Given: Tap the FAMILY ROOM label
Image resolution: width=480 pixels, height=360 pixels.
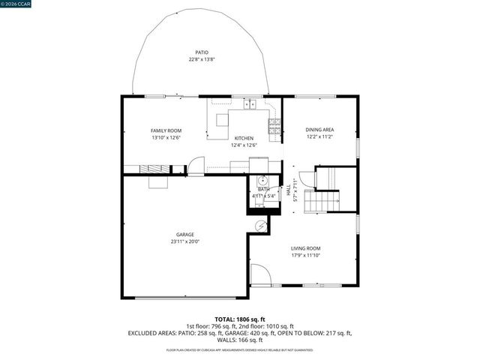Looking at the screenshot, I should coord(166,130).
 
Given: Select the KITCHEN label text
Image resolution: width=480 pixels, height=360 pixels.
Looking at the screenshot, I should coord(244,138).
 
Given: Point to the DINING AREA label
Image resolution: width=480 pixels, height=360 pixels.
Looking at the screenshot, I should coord(319,130).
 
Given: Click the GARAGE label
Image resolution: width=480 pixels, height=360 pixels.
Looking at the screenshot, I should coord(185,235).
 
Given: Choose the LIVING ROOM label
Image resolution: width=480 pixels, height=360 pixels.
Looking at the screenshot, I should coord(305,248).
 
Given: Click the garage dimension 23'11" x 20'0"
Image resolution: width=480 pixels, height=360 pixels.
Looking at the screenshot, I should coord(185,241).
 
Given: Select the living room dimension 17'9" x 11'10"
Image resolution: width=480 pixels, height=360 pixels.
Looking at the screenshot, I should coord(305,255).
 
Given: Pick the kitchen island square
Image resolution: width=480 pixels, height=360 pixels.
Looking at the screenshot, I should coord(222,120).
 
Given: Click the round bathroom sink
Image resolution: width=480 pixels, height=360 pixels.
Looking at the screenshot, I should coord(262,181).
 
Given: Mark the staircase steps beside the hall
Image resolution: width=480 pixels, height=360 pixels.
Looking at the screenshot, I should coord(322,200).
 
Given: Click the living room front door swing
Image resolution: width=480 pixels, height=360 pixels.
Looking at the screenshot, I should coord(259,275).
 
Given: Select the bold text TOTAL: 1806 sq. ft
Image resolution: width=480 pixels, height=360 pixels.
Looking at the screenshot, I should coord(239,319).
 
